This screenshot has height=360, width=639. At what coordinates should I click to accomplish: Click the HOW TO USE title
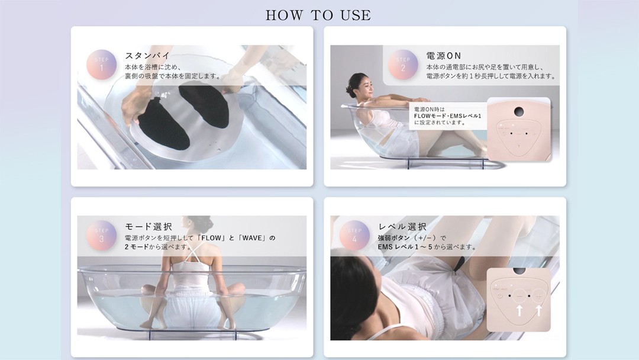pyautogui.click(x=318, y=15)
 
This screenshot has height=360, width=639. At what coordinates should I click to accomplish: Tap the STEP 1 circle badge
pyautogui.click(x=102, y=65)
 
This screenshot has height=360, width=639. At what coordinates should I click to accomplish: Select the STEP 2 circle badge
pyautogui.click(x=403, y=65)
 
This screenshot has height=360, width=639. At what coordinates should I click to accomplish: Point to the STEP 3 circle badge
pyautogui.click(x=102, y=236)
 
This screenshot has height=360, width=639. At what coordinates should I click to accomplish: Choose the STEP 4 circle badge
pyautogui.click(x=354, y=236)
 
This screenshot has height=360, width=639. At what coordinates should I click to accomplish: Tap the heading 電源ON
pyautogui.click(x=444, y=56)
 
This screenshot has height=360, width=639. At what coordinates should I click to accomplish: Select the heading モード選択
pyautogui.click(x=149, y=227)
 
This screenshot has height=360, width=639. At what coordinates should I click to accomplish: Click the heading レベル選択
pyautogui.click(x=402, y=227)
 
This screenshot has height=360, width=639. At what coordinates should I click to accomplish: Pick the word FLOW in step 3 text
pyautogui.click(x=212, y=237)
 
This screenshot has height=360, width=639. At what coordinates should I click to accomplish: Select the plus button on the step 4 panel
pyautogui.click(x=539, y=296)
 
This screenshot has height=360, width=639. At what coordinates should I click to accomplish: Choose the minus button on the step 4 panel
pyautogui.click(x=519, y=296)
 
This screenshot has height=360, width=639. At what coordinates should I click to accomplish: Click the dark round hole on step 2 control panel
pyautogui.click(x=519, y=111)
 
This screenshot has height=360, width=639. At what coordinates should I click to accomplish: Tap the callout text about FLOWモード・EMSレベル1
pyautogui.click(x=447, y=116)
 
